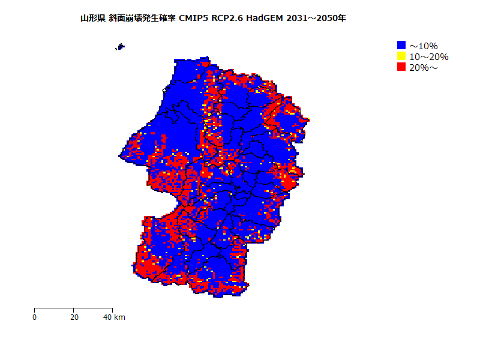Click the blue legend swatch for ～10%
tap(401, 45)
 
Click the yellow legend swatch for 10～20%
tap(401, 56)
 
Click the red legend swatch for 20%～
tap(401, 67)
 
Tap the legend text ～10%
tap(424, 46)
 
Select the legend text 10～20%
tap(428, 56)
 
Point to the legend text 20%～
tap(424, 68)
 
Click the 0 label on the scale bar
tap(35, 317)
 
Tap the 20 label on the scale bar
tap(73, 317)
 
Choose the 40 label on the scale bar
tap(108, 317)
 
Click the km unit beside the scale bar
tap(119, 317)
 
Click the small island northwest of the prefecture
tap(121, 46)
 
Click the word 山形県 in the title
tap(93, 18)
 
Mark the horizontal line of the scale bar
tap(54, 308)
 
